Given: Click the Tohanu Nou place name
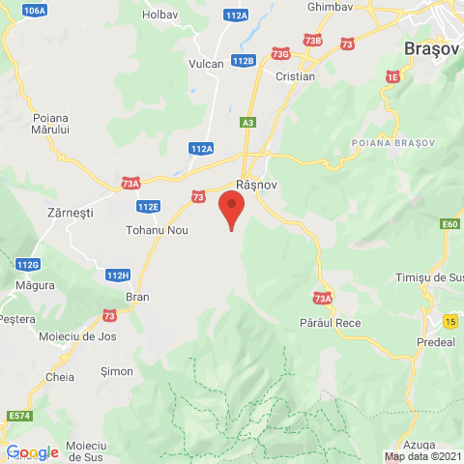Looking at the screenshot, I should [x=157, y=231].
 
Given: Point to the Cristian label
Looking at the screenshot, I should [x=295, y=76].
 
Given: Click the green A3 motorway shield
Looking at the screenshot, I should [x=249, y=123].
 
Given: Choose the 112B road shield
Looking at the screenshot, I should [x=244, y=60].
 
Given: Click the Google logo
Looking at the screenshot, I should [x=32, y=451].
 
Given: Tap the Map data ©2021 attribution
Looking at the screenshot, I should [x=422, y=456].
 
